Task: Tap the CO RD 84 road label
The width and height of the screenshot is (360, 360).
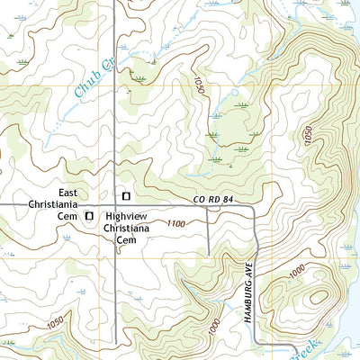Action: (x=213, y=200)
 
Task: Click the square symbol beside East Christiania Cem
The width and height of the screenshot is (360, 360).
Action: (x=89, y=216)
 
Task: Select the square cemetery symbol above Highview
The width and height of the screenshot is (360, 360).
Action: (x=126, y=195)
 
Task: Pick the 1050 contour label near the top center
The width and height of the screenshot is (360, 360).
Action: (x=197, y=86)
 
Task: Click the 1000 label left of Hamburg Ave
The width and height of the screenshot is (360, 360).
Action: (x=212, y=327)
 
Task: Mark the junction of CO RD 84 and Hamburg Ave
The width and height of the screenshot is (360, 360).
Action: (x=255, y=211)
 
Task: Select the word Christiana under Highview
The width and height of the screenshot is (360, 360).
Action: (x=126, y=229)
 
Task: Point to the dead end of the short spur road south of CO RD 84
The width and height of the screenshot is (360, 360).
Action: (x=209, y=255)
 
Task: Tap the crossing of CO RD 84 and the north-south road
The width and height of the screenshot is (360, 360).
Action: (x=115, y=205)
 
